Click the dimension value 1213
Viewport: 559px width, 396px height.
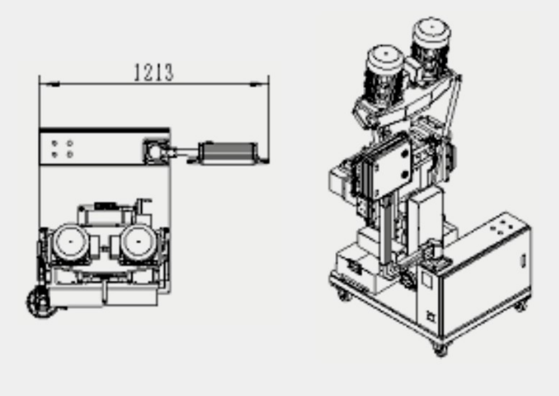[x=154, y=72]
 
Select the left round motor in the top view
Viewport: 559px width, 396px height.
[x=70, y=242]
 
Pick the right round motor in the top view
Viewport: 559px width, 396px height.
[x=138, y=242]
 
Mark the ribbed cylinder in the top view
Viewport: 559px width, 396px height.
[x=228, y=154]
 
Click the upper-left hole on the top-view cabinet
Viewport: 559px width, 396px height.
[x=55, y=143]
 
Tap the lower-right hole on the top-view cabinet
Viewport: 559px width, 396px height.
[x=70, y=154]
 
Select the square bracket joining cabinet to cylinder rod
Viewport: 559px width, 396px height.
[x=156, y=152]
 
